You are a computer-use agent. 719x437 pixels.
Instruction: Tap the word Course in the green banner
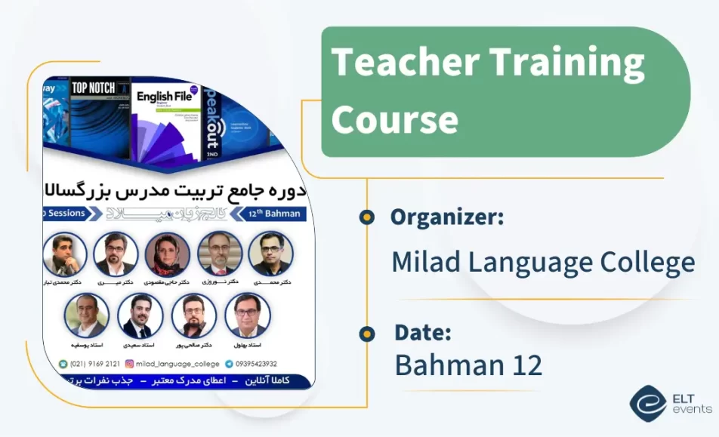point(394,119)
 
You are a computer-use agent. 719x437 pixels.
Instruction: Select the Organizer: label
point(446,217)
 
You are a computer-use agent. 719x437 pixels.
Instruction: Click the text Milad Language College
point(542,263)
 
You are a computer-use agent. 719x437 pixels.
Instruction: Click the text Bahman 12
point(468,365)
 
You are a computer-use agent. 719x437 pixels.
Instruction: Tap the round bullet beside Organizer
point(367,217)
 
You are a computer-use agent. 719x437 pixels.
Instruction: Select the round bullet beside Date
point(367,333)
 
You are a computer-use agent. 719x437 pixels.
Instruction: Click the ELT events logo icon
point(647,403)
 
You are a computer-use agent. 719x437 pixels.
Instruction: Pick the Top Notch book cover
point(99,117)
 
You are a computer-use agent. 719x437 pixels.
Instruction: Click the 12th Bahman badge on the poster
point(274,214)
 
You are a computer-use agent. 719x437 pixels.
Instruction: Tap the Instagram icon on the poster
point(129,363)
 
